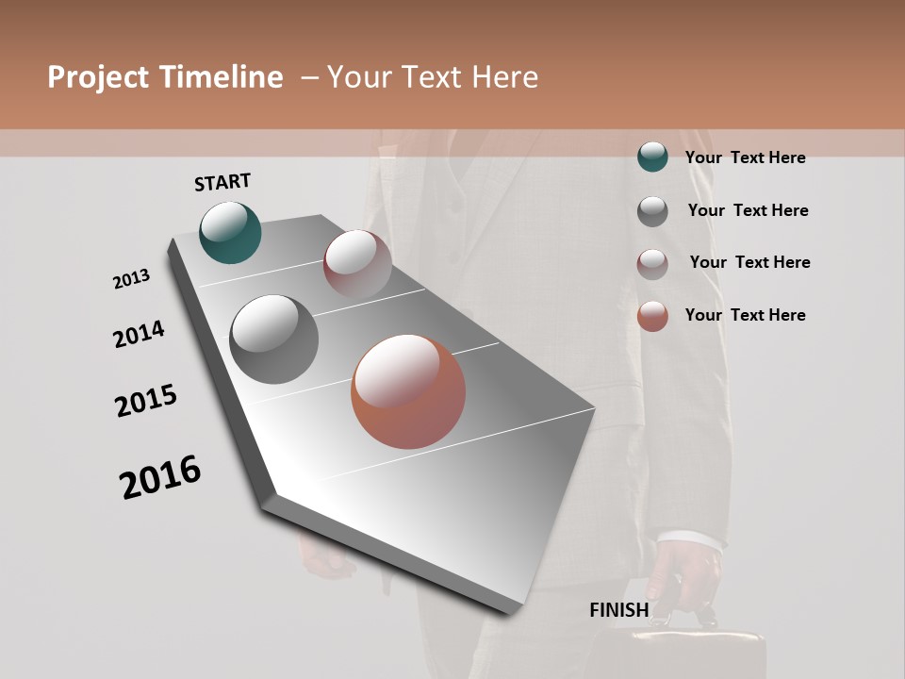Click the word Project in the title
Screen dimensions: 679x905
[x=96, y=77]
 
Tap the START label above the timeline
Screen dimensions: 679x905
[x=222, y=182]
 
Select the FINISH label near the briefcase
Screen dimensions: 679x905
[x=619, y=610]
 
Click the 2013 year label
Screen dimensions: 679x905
[x=132, y=279]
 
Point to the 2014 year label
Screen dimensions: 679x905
[x=139, y=334]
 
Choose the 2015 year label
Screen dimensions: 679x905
[x=146, y=401]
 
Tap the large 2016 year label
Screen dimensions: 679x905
[x=160, y=477]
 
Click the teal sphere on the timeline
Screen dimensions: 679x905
[x=231, y=232]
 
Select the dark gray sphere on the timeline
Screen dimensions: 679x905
[x=273, y=339]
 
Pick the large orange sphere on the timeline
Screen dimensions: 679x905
[x=408, y=390]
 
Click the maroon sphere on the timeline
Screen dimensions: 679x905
[x=357, y=264]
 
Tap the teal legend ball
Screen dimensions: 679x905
[x=652, y=157]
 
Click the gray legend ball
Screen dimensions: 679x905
[x=652, y=211]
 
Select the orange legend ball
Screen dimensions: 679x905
[x=652, y=316]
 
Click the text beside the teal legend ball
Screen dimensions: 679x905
[x=745, y=157]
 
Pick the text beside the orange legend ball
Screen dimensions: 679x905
[x=745, y=315]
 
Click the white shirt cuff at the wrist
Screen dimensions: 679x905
[x=693, y=541]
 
